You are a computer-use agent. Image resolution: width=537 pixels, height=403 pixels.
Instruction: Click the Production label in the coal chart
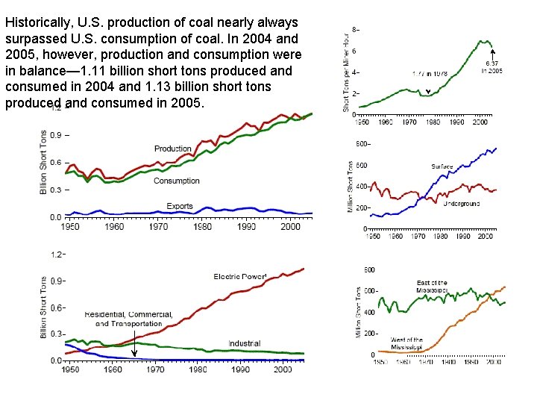[x=173, y=149]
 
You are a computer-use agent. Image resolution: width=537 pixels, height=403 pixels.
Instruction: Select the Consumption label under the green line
[x=177, y=181]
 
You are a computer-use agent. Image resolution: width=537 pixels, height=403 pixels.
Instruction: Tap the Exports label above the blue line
[x=180, y=206]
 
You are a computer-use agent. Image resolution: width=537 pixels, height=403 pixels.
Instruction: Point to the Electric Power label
[x=240, y=277]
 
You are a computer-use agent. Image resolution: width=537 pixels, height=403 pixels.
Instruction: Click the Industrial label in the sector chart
[x=244, y=344]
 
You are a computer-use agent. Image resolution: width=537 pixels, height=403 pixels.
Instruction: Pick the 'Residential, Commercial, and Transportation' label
[x=129, y=319]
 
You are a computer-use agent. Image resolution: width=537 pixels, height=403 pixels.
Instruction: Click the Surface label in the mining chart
[x=442, y=166]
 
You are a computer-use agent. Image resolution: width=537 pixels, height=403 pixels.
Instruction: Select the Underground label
[x=462, y=203]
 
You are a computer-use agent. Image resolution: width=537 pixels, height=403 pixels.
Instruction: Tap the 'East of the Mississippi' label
[x=432, y=287]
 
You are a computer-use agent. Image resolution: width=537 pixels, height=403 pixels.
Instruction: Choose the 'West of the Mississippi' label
[x=406, y=343]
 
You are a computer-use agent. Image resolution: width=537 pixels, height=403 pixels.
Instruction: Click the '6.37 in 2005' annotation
[x=492, y=67]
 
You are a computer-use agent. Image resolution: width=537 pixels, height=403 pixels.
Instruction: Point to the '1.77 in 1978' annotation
[x=430, y=75]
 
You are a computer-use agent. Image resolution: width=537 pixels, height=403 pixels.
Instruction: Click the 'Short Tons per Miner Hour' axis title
[x=346, y=72]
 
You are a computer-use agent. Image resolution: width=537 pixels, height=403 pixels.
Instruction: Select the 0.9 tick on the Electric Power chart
[x=57, y=281]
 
